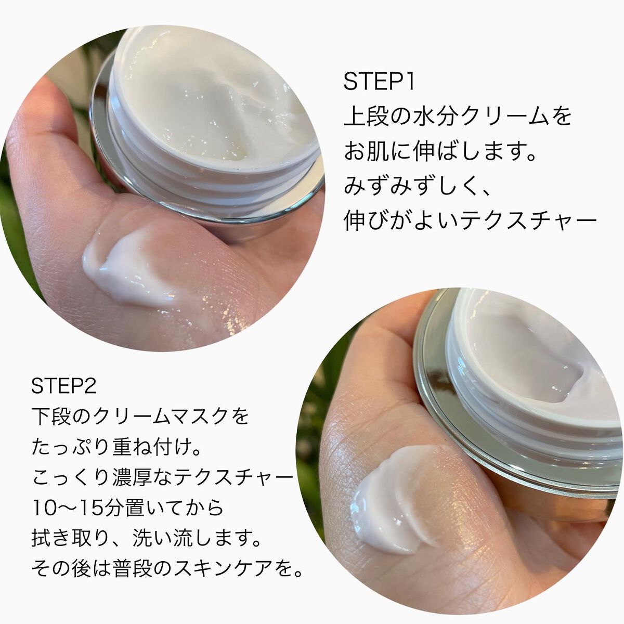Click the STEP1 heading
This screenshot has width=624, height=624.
379,83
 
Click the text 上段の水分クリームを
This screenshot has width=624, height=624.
458,116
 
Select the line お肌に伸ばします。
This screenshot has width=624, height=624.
440,151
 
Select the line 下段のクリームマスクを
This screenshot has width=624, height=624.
140,417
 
